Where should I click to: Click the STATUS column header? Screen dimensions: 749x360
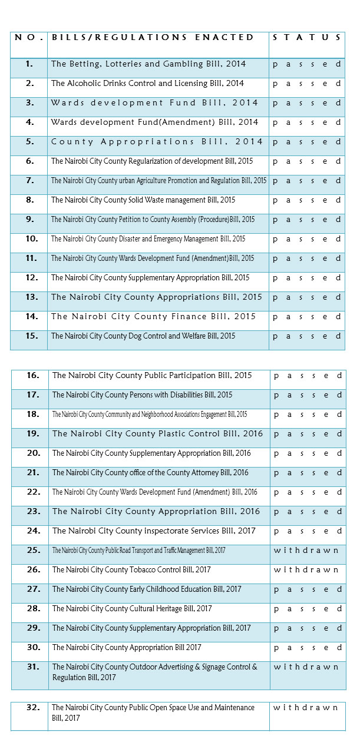(306, 37)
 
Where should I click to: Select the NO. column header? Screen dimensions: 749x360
(29, 37)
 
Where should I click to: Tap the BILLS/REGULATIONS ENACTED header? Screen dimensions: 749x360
(153, 37)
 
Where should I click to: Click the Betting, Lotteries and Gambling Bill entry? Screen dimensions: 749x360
(148, 64)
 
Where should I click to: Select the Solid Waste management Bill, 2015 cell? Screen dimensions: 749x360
(143, 200)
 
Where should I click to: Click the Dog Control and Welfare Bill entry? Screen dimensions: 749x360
(143, 336)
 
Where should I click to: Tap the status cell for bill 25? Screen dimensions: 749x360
(306, 551)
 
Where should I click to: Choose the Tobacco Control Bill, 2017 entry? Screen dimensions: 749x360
(131, 570)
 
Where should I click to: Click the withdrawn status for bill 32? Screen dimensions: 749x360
(306, 707)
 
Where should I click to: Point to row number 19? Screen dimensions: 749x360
(33, 434)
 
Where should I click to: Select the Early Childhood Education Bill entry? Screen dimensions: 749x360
(147, 589)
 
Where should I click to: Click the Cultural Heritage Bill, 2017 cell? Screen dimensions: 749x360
(132, 609)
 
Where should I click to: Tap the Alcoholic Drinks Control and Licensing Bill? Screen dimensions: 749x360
(147, 84)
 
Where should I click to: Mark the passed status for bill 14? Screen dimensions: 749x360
(306, 317)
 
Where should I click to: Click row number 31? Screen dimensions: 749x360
(33, 667)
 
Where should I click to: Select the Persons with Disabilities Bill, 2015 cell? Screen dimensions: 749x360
(142, 395)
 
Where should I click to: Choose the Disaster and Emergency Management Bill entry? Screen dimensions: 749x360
(148, 239)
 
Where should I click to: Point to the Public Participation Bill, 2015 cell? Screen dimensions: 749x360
(152, 376)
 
